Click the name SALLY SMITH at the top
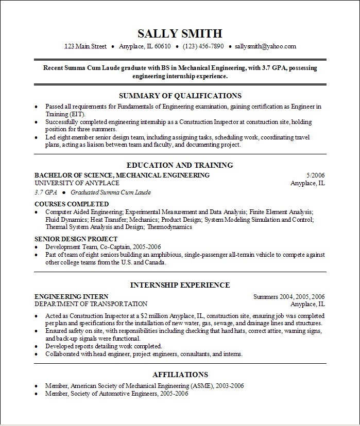(180, 34)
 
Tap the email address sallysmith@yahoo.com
(265, 46)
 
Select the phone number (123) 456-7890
(203, 46)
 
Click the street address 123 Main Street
(85, 46)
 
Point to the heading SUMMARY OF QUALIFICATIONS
(180, 96)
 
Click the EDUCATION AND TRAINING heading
(180, 165)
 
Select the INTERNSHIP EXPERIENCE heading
(180, 285)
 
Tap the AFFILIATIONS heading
(180, 375)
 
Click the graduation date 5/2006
(315, 175)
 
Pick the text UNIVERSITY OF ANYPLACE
(77, 183)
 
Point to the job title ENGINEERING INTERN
(71, 296)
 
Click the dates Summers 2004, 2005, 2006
(289, 296)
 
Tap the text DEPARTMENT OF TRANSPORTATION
(91, 304)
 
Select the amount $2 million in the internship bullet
(155, 315)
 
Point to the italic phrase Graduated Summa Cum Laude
(111, 192)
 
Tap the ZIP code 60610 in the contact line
(162, 46)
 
